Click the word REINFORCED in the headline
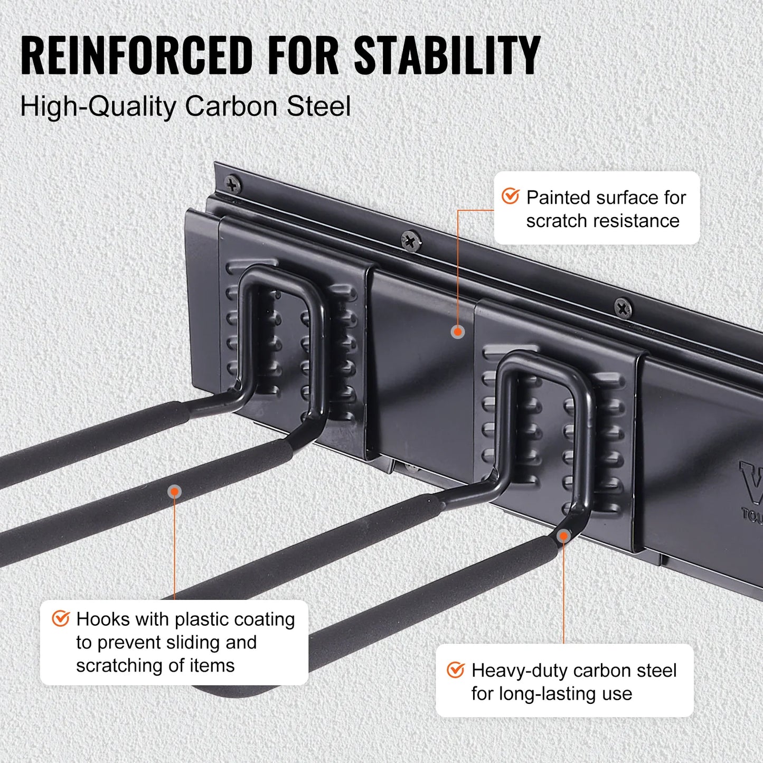137,55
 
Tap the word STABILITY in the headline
447,55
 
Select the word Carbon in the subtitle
231,106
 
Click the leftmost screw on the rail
233,185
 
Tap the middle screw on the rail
411,241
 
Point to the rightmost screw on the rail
623,308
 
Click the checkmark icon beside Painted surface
511,196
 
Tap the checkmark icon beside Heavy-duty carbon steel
456,670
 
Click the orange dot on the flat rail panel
458,332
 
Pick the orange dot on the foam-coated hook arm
174,492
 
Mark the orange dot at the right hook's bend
563,536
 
